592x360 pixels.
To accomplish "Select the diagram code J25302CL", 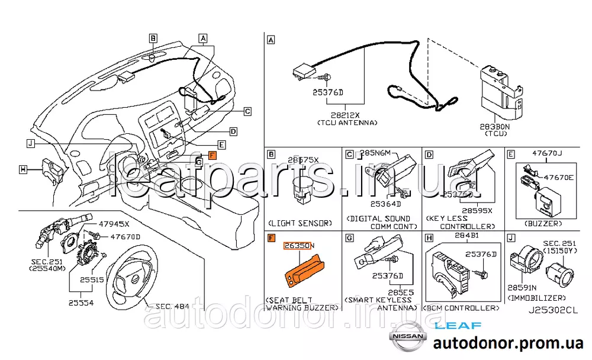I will point(554,310).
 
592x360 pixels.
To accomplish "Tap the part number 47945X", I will point(114,225).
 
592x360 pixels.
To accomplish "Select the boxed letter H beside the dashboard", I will point(22,170).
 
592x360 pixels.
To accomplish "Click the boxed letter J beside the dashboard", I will point(31,143).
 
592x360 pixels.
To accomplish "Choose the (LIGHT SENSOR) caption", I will point(300,223).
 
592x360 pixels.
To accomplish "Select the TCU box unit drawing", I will point(500,92).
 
